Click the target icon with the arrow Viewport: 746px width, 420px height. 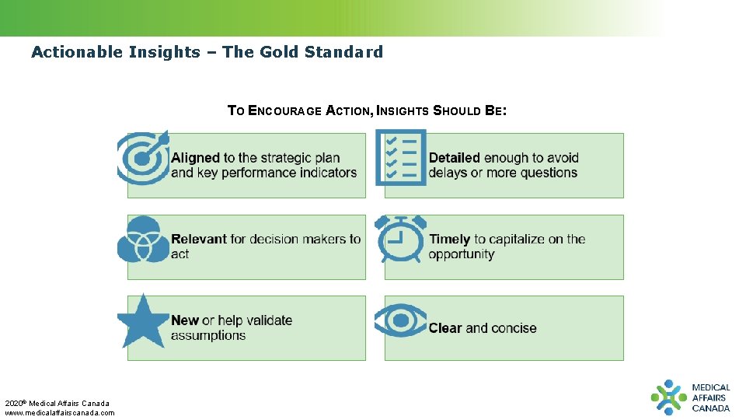pyautogui.click(x=142, y=158)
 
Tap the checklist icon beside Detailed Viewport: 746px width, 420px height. pyautogui.click(x=400, y=157)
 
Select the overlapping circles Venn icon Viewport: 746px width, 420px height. pyautogui.click(x=143, y=240)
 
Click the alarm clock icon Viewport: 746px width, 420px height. pyautogui.click(x=400, y=239)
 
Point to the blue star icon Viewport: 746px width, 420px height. pyautogui.click(x=143, y=321)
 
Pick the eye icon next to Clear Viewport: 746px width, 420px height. pyautogui.click(x=400, y=320)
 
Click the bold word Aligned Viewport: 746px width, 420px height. pyautogui.click(x=195, y=158)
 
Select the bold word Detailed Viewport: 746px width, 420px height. pyautogui.click(x=454, y=158)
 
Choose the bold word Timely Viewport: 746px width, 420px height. pyautogui.click(x=449, y=240)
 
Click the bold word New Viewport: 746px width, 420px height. pyautogui.click(x=185, y=320)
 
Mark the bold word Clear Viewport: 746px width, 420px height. pyautogui.click(x=445, y=328)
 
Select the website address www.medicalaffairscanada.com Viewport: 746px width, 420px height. pyautogui.click(x=60, y=412)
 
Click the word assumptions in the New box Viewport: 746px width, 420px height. pyautogui.click(x=208, y=336)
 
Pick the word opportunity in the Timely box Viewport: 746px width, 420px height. pyautogui.click(x=462, y=255)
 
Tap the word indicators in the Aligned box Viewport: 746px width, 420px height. pyautogui.click(x=327, y=173)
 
